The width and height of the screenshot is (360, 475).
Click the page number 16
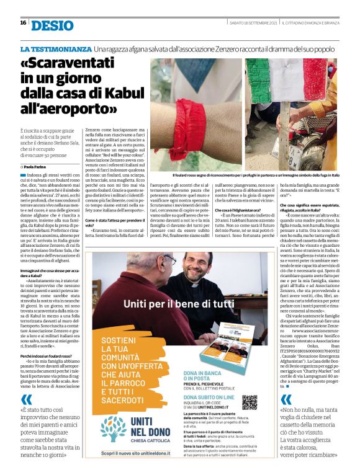(23, 23)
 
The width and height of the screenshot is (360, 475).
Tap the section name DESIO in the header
(52, 24)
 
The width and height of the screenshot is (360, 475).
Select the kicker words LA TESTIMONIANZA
(55, 48)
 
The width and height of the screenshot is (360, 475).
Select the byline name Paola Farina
(36, 167)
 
